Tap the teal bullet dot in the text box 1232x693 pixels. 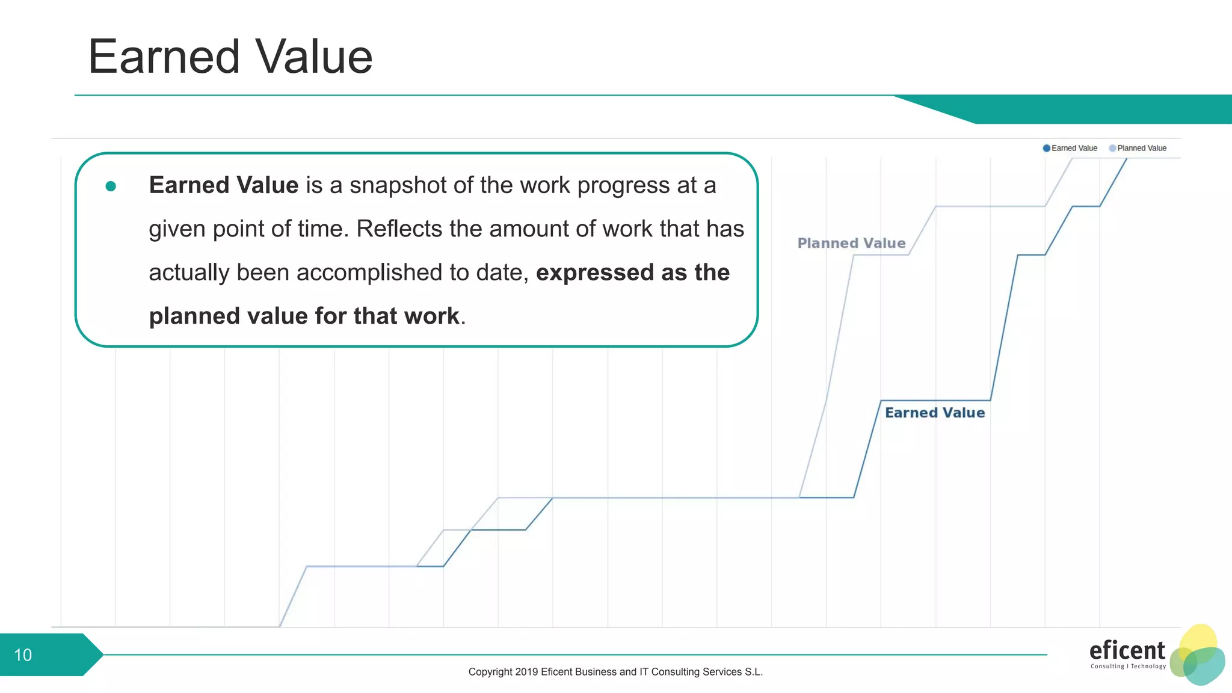(x=111, y=186)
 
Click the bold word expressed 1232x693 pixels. (x=594, y=273)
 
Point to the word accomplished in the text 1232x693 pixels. (x=372, y=273)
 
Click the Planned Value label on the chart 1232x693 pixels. (x=851, y=243)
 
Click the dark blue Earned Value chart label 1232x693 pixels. (x=934, y=413)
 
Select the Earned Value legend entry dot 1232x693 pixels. (x=1047, y=148)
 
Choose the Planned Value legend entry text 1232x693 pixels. (x=1141, y=148)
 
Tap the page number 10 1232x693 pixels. (x=23, y=655)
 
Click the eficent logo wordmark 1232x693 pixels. (x=1127, y=650)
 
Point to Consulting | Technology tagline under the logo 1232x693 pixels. (x=1128, y=666)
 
